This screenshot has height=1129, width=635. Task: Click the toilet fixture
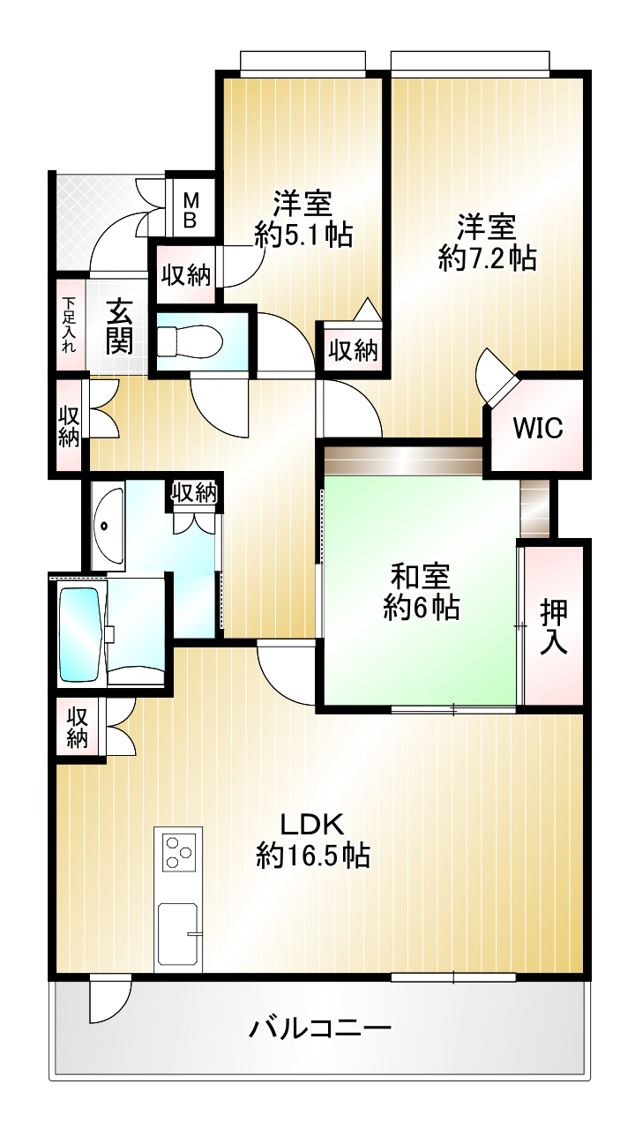[x=190, y=342]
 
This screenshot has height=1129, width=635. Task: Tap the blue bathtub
[x=78, y=634]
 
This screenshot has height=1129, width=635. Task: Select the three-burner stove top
[x=178, y=852]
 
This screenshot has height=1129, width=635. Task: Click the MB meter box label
[x=190, y=211]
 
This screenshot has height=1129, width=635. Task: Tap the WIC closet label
[x=538, y=428]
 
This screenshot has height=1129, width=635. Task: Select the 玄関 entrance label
[x=119, y=326]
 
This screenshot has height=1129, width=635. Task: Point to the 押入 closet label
[x=554, y=628]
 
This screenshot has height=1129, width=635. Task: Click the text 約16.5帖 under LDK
[x=313, y=856]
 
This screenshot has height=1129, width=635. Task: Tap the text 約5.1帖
[x=303, y=234]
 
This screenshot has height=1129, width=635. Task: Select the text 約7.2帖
[x=488, y=258]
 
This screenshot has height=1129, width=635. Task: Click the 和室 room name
[x=421, y=576]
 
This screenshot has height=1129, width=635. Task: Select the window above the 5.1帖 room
[x=303, y=64]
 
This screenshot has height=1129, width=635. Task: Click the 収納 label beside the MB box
[x=186, y=275]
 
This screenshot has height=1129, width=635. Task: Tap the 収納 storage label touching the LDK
[x=78, y=727]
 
